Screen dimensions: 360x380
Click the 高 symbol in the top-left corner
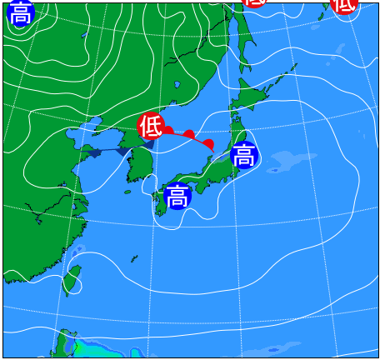(21, 13)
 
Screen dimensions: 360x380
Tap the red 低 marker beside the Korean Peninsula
(150, 126)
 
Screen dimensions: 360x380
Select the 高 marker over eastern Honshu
(243, 154)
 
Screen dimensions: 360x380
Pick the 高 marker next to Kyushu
(177, 197)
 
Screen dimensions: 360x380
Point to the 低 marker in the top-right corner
(344, 5)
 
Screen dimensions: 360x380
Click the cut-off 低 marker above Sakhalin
(256, 2)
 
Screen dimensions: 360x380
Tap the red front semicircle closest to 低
(167, 130)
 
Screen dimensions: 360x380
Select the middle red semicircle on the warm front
(189, 134)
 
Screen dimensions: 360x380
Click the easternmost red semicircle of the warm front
(208, 145)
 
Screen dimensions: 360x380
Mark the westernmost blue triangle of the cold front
(93, 152)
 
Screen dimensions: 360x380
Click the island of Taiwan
(73, 280)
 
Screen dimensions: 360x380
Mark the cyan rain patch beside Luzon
(83, 347)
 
